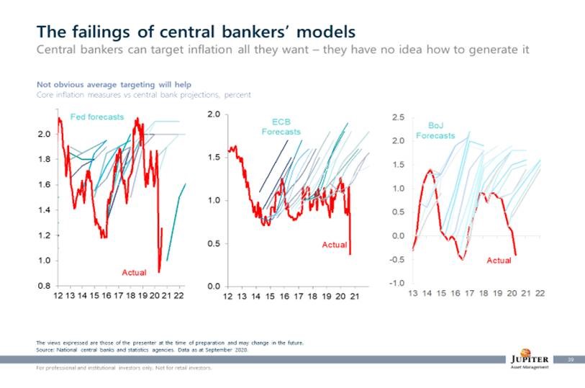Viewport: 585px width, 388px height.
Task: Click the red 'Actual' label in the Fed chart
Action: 133,272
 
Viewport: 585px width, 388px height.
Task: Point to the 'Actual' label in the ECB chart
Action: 334,245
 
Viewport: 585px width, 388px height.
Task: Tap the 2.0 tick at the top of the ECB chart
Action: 213,114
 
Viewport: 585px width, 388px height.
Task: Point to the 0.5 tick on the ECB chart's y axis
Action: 213,243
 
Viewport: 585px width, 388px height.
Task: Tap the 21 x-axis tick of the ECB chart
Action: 355,298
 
